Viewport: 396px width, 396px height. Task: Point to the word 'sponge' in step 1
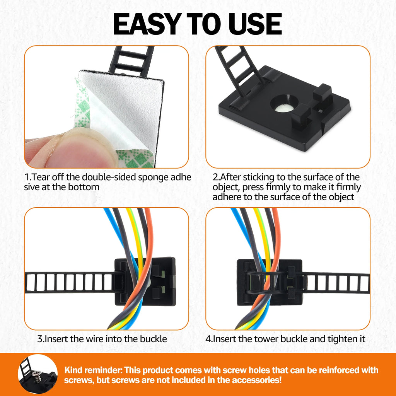pyautogui.click(x=153, y=177)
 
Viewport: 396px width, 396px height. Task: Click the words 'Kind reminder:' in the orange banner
pyautogui.click(x=94, y=370)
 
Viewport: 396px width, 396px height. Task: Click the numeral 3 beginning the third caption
pyautogui.click(x=40, y=339)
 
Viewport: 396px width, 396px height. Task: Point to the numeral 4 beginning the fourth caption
pyautogui.click(x=208, y=339)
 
